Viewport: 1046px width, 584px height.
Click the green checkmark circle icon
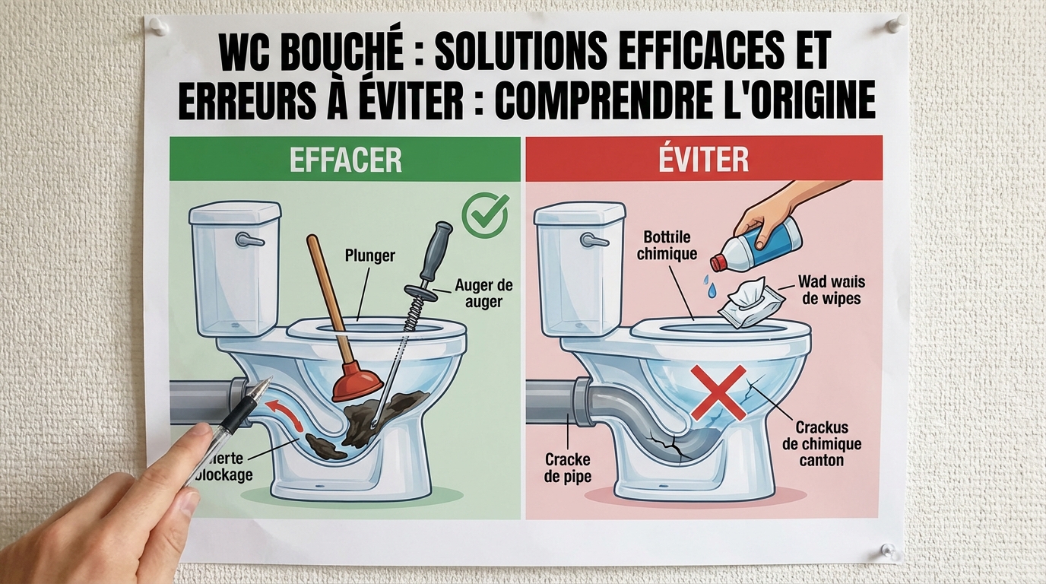485,214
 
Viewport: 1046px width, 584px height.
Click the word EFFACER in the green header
345,160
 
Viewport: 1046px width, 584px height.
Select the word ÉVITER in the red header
704,160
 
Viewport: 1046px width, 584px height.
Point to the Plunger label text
369,255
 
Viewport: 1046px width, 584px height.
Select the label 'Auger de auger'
483,294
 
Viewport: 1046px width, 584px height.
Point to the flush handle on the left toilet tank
248,240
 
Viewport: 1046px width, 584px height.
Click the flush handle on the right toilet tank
593,240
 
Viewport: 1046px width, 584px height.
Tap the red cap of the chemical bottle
719,263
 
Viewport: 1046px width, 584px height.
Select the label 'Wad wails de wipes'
831,290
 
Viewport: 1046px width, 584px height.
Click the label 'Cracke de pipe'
568,468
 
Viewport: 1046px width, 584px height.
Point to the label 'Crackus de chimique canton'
822,444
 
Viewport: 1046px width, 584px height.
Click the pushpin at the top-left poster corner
157,27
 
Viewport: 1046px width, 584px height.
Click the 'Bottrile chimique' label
667,246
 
